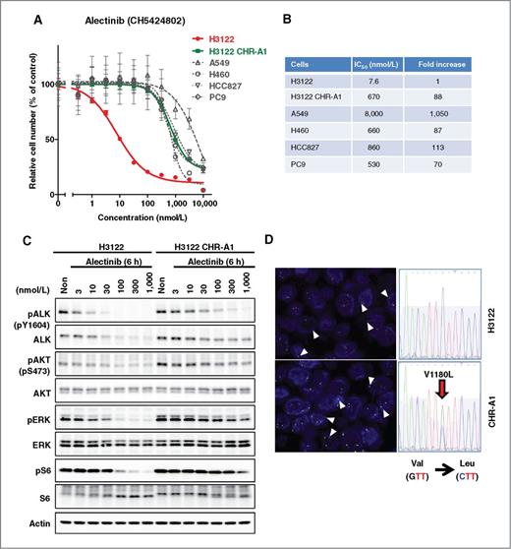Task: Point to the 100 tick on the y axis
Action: [x=48, y=86]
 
